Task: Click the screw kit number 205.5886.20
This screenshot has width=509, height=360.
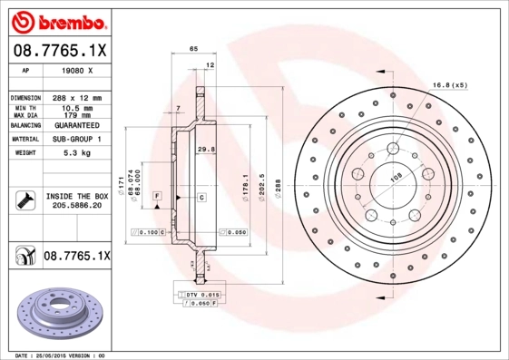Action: click(x=76, y=206)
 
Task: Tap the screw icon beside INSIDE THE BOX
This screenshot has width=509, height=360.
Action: click(x=24, y=199)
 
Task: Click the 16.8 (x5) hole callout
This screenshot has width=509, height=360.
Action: click(x=449, y=84)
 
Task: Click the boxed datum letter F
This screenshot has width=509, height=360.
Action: click(x=157, y=196)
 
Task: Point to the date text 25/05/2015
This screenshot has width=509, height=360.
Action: click(x=62, y=355)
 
